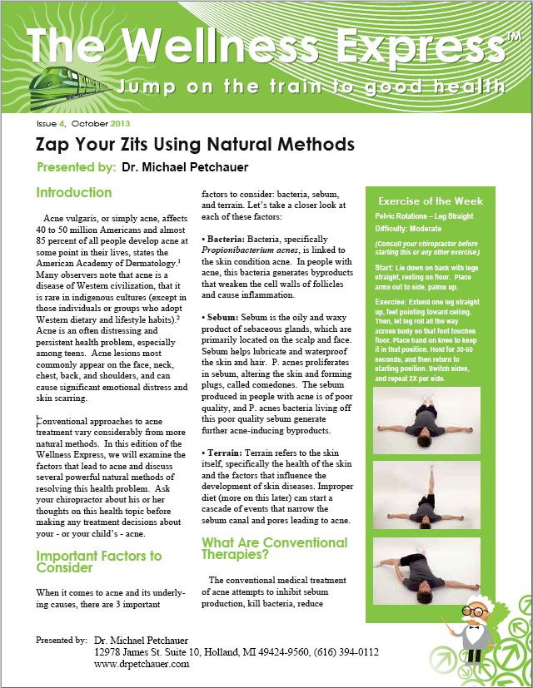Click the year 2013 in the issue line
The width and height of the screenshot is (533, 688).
[x=107, y=123]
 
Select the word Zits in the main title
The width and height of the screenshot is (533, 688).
[x=123, y=144]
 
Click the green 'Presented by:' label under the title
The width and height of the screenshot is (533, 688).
[x=76, y=167]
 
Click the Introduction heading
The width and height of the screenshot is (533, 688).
[x=73, y=193]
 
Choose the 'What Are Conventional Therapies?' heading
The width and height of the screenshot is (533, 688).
[x=274, y=549]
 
